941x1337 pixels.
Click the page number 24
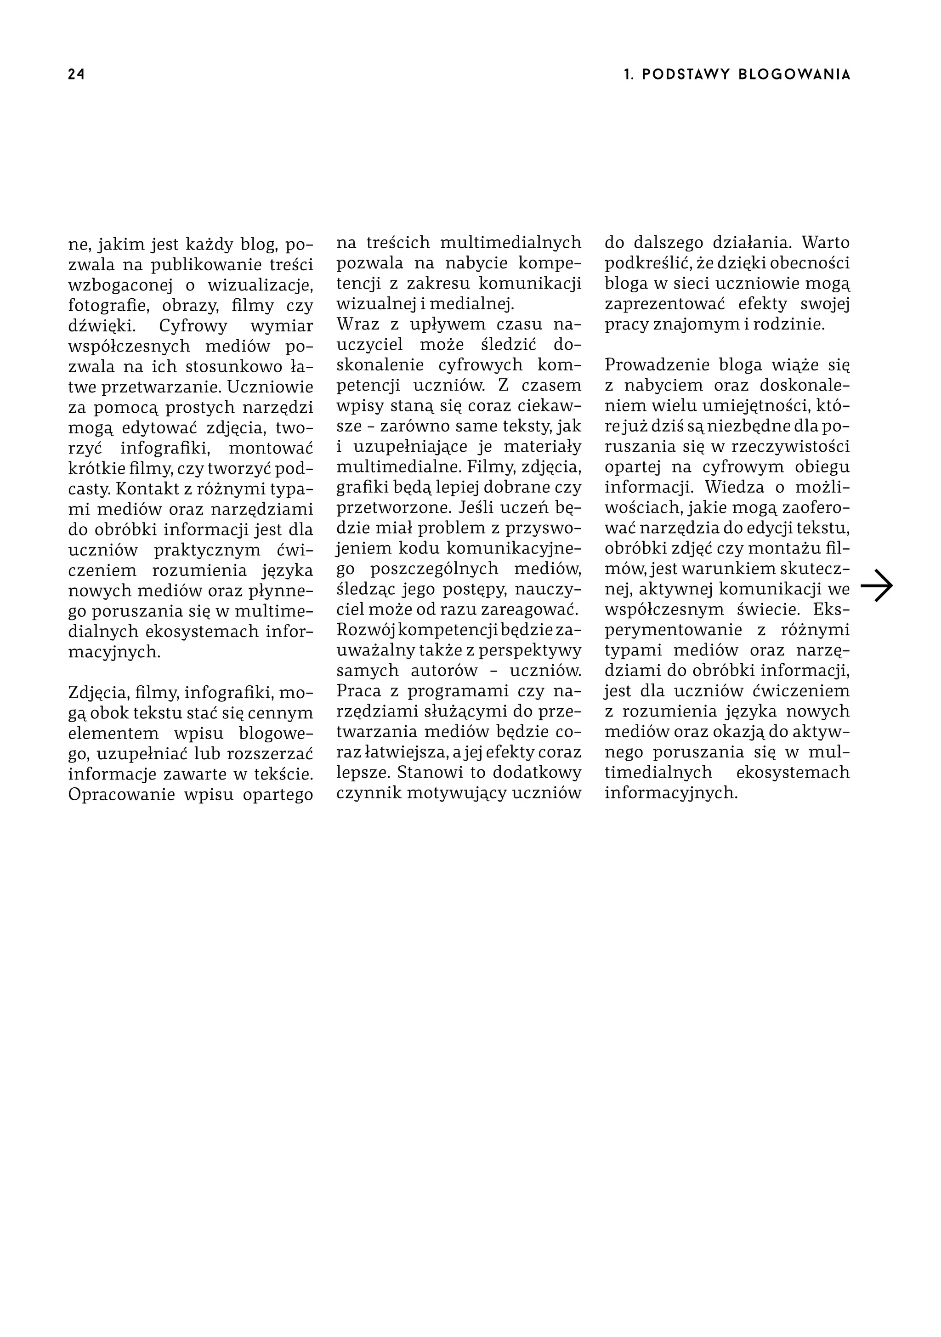click(x=76, y=74)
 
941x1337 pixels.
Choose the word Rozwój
click(x=365, y=630)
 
